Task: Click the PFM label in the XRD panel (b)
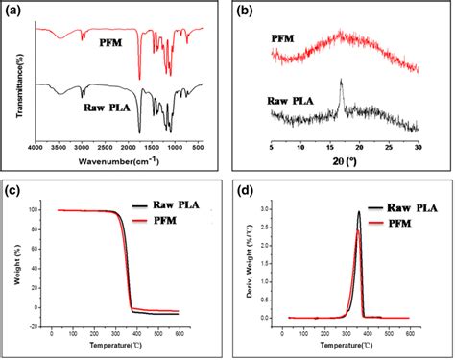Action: click(x=284, y=39)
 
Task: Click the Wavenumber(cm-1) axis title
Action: click(x=119, y=161)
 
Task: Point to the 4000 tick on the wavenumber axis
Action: click(x=36, y=148)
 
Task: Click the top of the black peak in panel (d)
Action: click(x=358, y=212)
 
